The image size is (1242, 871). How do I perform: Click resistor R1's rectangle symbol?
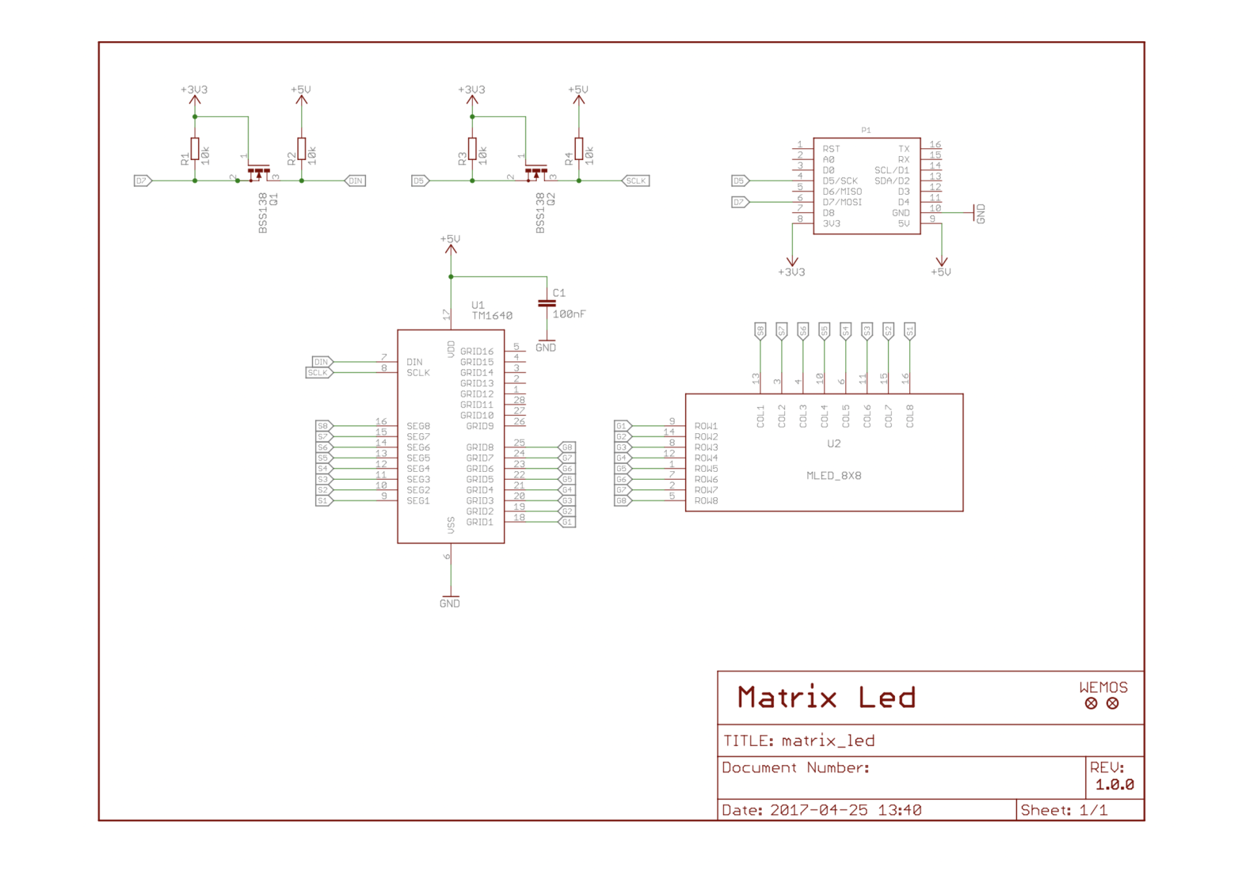(x=195, y=149)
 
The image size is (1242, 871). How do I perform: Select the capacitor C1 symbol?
(x=546, y=303)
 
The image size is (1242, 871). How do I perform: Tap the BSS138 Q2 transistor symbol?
(x=536, y=173)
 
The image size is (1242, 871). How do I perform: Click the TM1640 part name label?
(x=492, y=315)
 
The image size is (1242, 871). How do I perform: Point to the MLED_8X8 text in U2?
(x=833, y=476)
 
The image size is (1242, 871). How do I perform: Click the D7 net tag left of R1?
(x=143, y=181)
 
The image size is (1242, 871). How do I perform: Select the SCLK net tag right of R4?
(x=636, y=181)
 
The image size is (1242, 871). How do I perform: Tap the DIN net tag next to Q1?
(x=356, y=181)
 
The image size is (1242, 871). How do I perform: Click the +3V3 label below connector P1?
(x=791, y=272)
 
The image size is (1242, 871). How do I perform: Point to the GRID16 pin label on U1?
(x=477, y=351)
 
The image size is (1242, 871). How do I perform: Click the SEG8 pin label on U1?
(x=418, y=426)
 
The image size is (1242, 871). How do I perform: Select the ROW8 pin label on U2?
(x=706, y=500)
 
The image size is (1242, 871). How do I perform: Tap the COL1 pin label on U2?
(x=760, y=416)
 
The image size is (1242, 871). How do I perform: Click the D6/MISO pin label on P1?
(x=841, y=192)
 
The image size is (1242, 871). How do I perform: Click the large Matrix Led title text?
(x=826, y=698)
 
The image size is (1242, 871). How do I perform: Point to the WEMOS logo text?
(x=1103, y=687)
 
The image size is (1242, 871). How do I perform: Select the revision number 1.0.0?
(x=1114, y=785)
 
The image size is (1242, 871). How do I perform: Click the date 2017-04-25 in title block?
(x=818, y=810)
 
